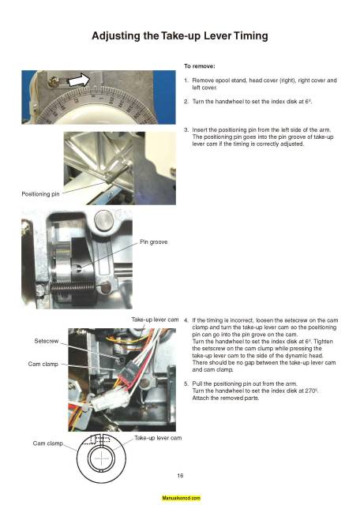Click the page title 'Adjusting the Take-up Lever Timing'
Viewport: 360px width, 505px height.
179,36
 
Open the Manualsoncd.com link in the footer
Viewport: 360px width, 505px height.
181,499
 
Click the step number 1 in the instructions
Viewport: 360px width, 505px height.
186,80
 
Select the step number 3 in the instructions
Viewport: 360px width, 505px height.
186,129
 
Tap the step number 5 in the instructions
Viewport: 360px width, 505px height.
186,383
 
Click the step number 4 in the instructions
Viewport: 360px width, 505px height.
186,321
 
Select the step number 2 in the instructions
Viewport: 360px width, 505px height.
186,101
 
